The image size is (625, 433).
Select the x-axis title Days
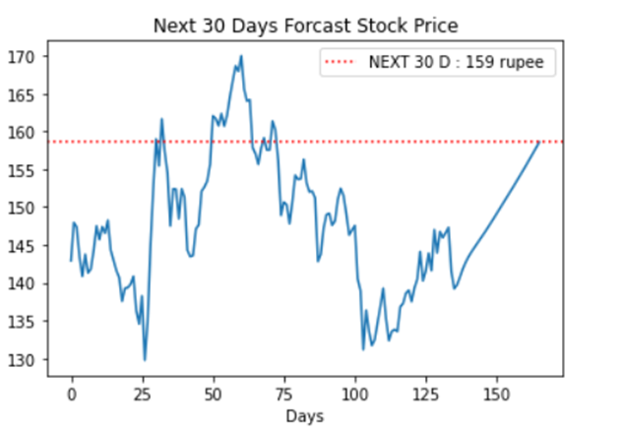click(x=305, y=416)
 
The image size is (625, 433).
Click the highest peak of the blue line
click(x=241, y=56)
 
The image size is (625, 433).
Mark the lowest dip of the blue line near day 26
click(x=145, y=360)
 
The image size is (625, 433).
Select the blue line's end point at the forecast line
click(x=538, y=143)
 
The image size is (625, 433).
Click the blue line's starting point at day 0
click(x=71, y=261)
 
